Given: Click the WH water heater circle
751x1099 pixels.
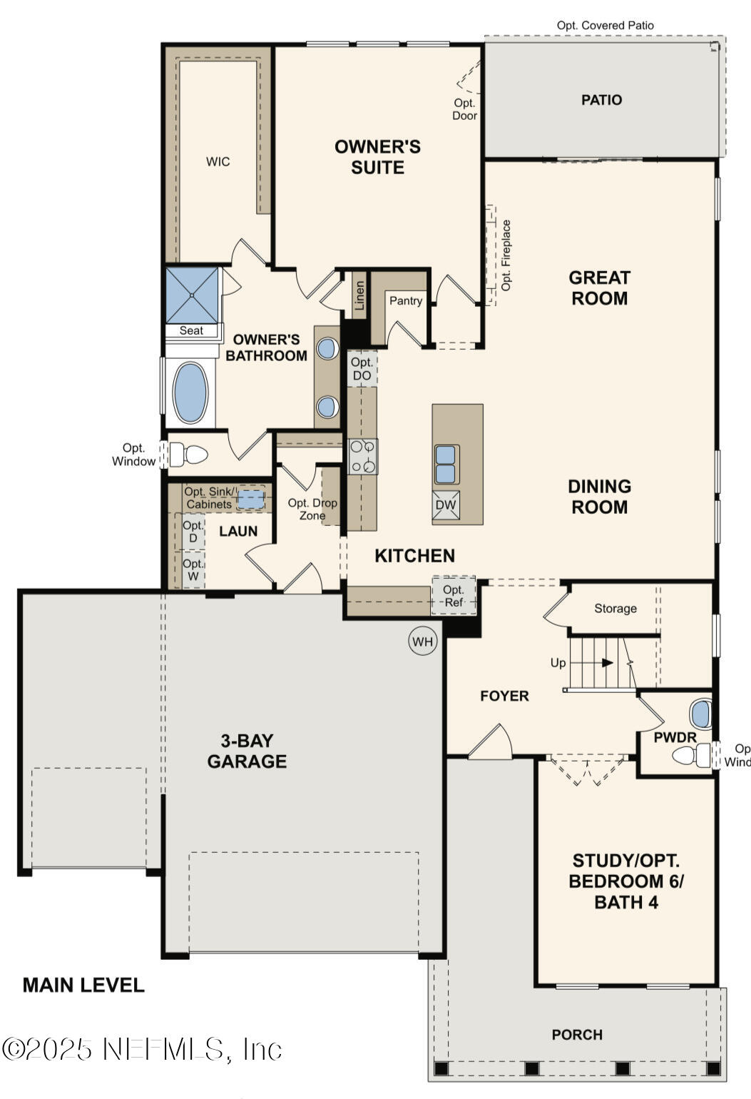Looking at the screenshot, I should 423,641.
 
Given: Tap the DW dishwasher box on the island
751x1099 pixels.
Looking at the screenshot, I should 446,505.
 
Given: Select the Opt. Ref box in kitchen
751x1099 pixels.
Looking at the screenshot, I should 454,596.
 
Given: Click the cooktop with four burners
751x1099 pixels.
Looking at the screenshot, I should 363,457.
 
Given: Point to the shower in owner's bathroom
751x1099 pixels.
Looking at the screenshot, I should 192,295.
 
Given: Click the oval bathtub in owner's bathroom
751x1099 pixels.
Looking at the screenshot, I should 190,393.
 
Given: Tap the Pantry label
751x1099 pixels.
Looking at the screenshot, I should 406,301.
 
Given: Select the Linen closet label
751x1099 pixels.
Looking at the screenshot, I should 360,295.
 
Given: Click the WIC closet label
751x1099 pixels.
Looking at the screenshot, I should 218,162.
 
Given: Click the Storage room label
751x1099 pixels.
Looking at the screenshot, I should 615,609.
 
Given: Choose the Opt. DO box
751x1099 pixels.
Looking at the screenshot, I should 362,369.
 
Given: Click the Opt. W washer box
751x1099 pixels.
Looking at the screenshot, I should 193,570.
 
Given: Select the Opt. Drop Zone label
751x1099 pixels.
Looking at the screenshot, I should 312,509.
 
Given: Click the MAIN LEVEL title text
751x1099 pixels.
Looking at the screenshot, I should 83,986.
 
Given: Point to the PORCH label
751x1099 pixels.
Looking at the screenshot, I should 577,1034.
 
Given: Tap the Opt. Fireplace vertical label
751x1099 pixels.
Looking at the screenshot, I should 506,255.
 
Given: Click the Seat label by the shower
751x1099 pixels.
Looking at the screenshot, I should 191,330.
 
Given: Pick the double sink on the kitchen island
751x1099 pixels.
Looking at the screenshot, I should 446,464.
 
